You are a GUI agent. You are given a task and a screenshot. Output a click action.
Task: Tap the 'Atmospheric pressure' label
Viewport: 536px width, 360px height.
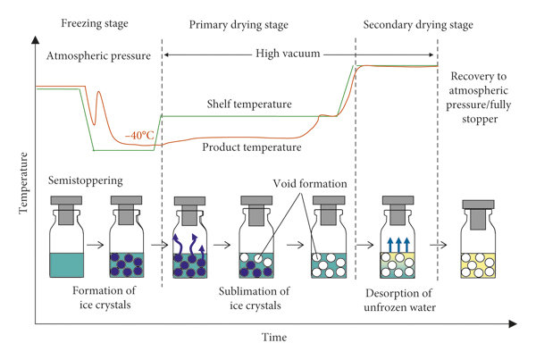tap(92, 56)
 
